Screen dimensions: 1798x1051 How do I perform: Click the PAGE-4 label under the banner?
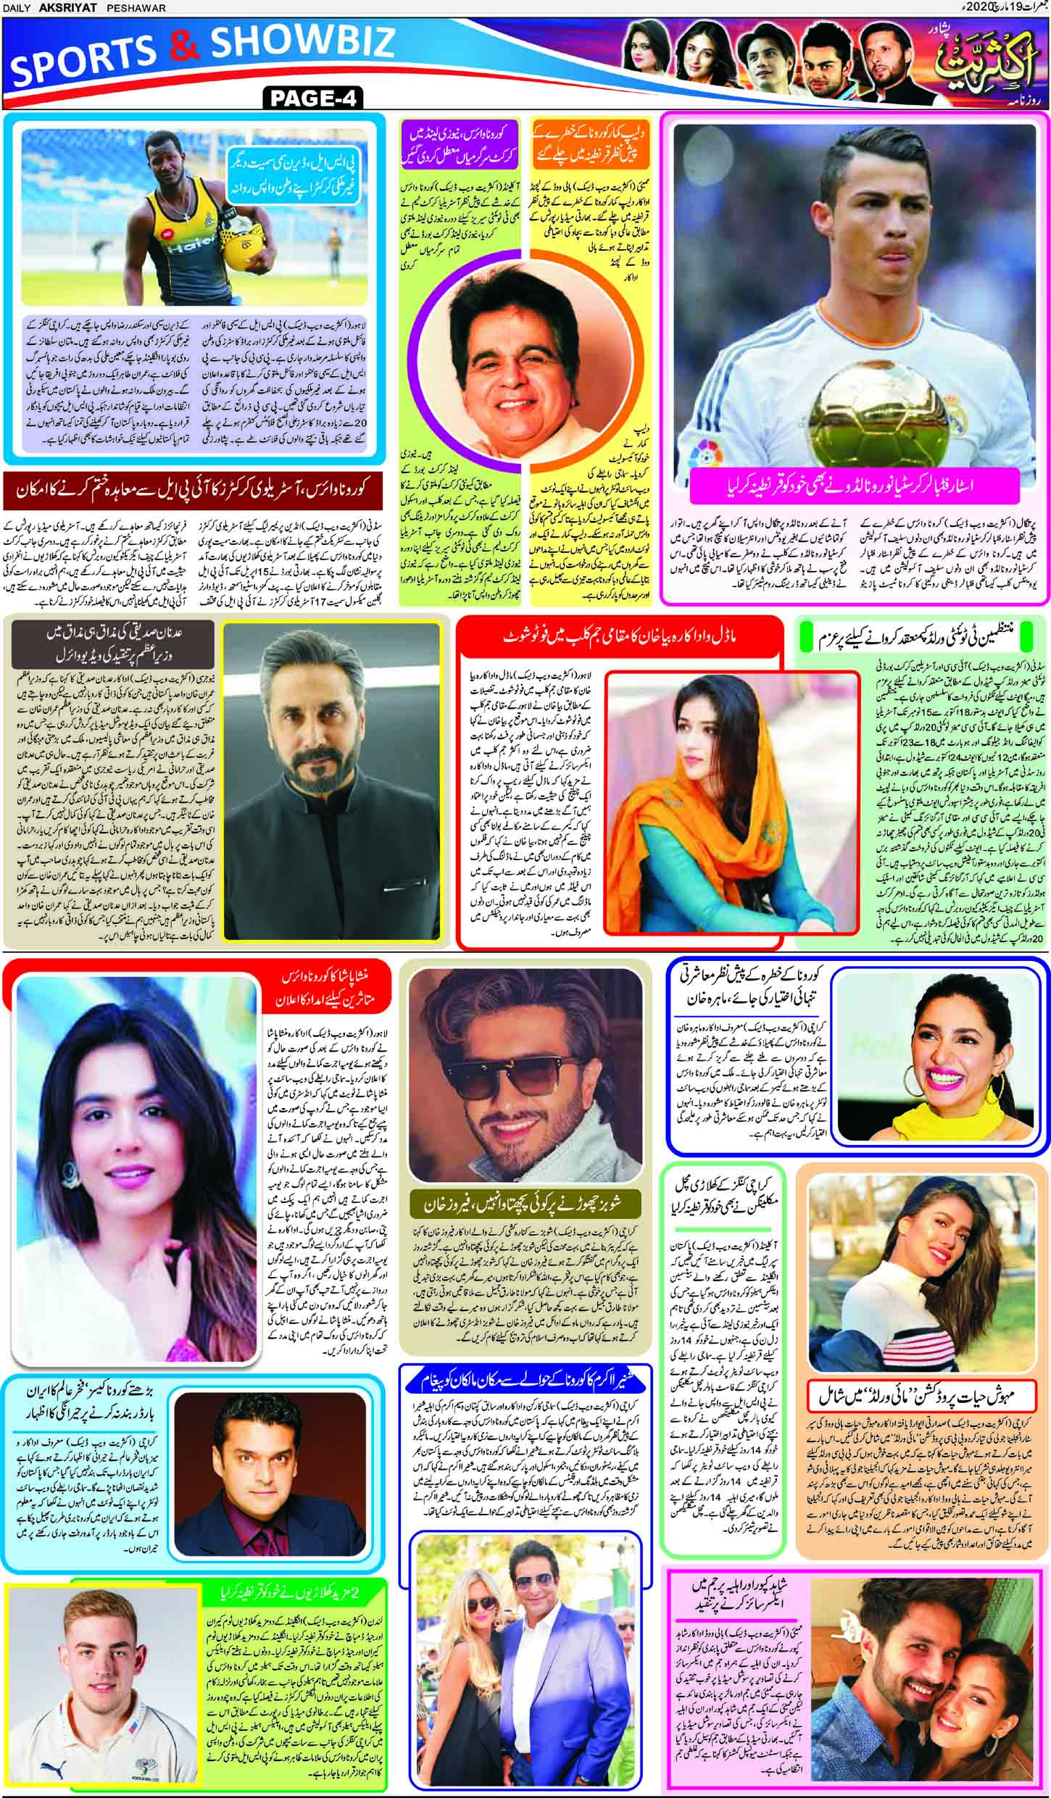pos(313,98)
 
